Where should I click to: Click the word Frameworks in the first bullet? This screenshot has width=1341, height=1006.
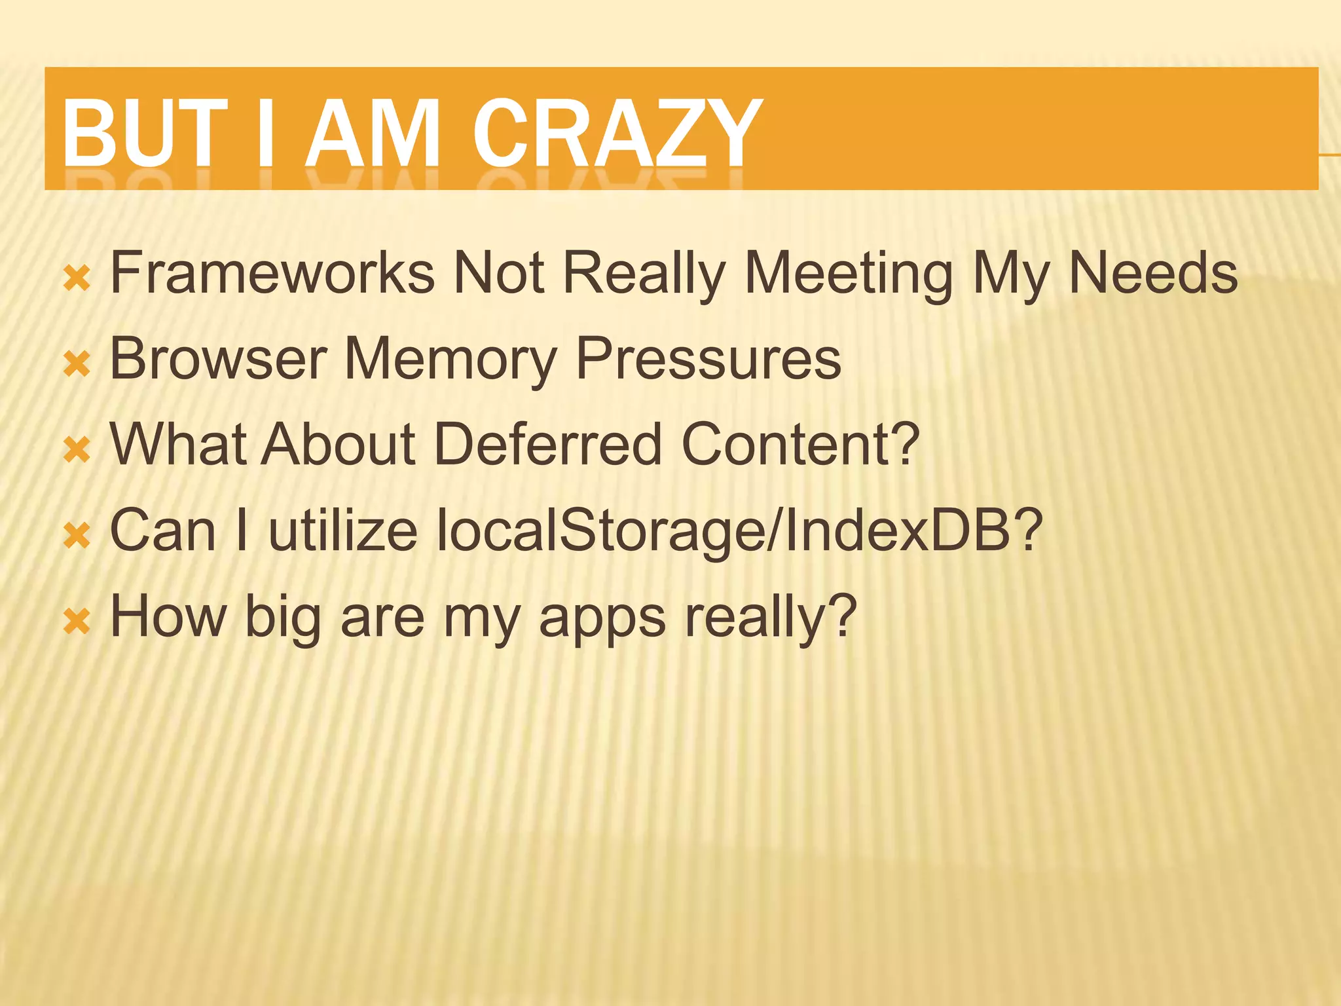pyautogui.click(x=272, y=272)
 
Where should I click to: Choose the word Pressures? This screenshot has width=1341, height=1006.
pyautogui.click(x=708, y=359)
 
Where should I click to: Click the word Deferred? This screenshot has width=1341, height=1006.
pyautogui.click(x=547, y=445)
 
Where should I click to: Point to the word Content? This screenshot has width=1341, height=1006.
pyautogui.click(x=800, y=445)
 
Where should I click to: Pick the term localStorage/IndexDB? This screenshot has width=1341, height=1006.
pyautogui.click(x=739, y=531)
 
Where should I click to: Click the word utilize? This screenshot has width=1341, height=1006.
pyautogui.click(x=343, y=531)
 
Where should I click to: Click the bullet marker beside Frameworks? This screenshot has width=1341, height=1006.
pyautogui.click(x=77, y=279)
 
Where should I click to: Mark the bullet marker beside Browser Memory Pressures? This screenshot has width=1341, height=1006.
pyautogui.click(x=77, y=365)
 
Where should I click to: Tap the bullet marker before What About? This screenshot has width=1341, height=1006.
pyautogui.click(x=77, y=451)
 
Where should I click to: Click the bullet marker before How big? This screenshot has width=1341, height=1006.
pyautogui.click(x=77, y=622)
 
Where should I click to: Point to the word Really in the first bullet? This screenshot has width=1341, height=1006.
pyautogui.click(x=644, y=274)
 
